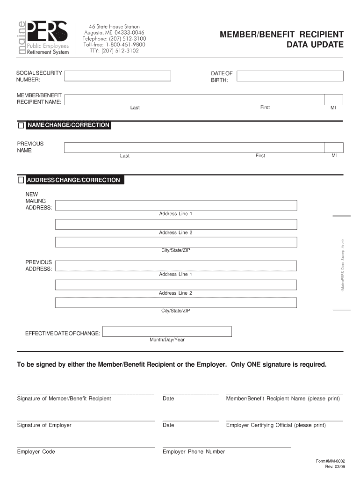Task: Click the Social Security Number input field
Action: point(117,76)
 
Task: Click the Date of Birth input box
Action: point(290,76)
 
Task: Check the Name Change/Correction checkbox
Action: point(21,125)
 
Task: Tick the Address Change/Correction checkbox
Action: point(21,180)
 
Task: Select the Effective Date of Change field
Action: point(167,332)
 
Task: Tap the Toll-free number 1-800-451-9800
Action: point(115,44)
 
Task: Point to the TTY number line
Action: point(115,51)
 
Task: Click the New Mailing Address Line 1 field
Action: point(176,205)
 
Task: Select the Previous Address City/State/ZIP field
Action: point(176,303)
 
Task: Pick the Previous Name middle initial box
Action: point(334,148)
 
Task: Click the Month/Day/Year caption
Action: point(167,340)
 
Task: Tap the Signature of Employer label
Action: point(44,425)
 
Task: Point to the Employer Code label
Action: point(36,452)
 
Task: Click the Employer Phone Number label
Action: point(194,452)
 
